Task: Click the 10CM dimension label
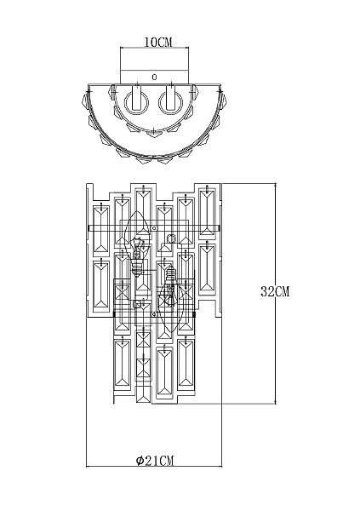158,42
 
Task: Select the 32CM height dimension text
275,291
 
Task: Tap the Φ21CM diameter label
155,461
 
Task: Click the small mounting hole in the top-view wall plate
154,78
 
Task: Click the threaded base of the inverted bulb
170,274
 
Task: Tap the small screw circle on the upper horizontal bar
155,227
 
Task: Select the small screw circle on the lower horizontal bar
155,314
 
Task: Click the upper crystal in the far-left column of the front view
101,230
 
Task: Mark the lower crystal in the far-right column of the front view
207,269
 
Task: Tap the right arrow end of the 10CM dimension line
189,48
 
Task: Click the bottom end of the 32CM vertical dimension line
276,404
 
